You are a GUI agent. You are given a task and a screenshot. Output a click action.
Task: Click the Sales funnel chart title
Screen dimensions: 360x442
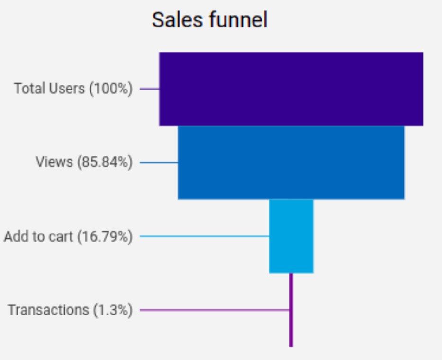pos(209,21)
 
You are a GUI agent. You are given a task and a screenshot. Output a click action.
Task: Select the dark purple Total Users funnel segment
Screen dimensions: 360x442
pos(291,89)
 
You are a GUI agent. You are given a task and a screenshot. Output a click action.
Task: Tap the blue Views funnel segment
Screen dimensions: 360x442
pos(291,162)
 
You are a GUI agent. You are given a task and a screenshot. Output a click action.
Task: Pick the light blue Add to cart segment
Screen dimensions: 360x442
pos(291,236)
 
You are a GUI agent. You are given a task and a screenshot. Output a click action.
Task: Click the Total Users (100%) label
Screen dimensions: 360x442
pos(73,89)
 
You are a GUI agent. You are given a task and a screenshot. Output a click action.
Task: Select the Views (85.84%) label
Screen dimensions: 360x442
pos(84,162)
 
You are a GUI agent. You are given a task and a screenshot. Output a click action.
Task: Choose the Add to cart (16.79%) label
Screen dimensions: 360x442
pos(68,236)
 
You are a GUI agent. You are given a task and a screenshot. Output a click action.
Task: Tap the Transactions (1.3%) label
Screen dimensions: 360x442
pos(70,310)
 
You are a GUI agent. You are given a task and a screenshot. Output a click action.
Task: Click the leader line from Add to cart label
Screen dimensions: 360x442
pos(204,236)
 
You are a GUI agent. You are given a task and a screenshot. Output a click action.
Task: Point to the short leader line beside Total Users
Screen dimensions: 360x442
pos(149,89)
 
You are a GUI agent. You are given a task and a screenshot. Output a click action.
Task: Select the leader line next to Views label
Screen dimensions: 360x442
pos(159,162)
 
